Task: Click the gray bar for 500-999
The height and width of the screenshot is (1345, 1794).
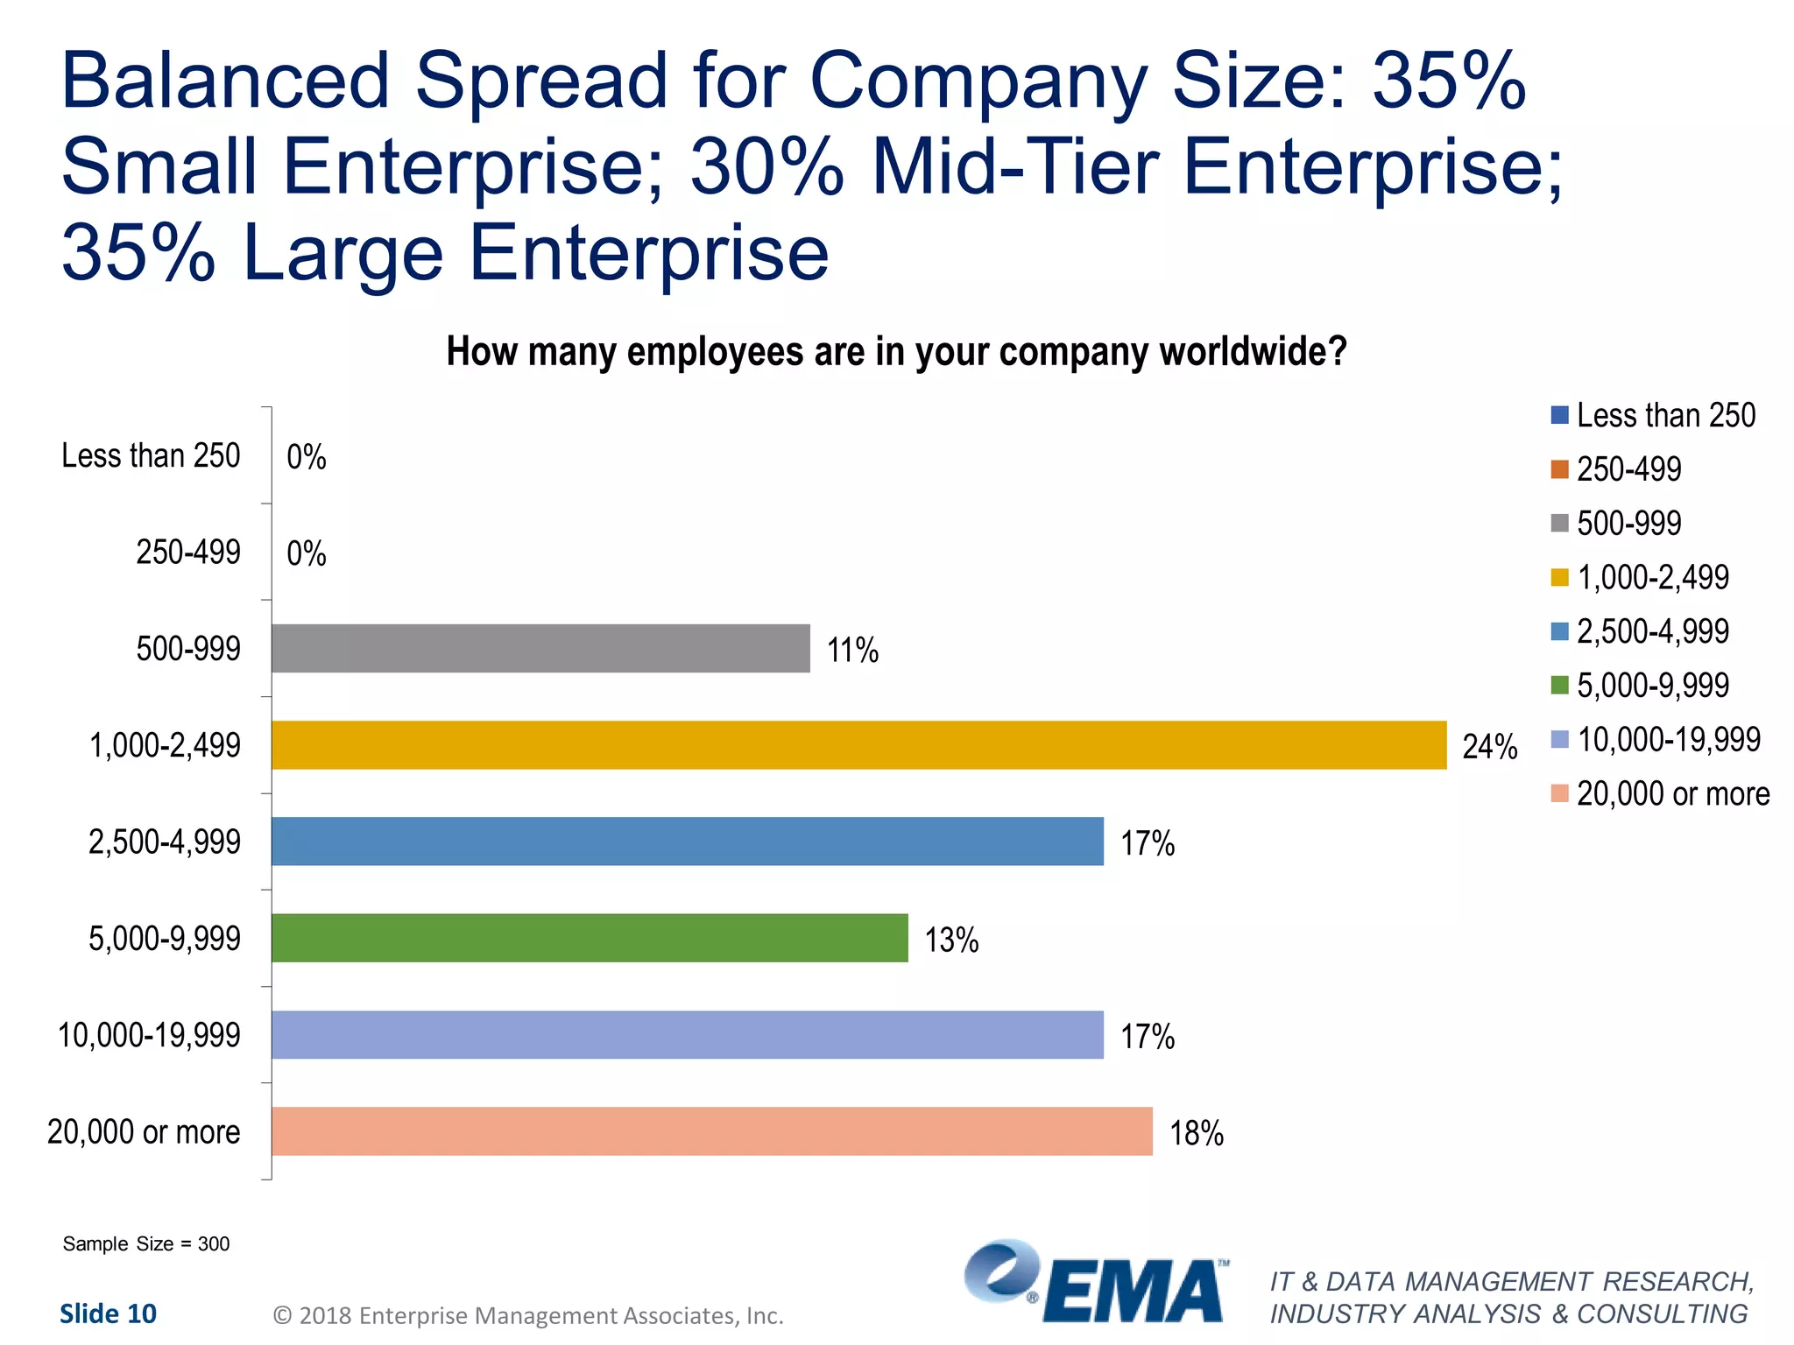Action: tap(540, 649)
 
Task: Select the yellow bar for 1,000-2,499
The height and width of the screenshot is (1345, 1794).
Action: tap(858, 745)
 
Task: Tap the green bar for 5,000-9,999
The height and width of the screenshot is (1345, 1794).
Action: tap(590, 938)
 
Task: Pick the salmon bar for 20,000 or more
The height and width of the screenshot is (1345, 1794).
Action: tap(711, 1131)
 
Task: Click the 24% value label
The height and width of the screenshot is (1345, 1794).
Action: tap(1489, 747)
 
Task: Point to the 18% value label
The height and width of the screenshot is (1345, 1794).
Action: tap(1196, 1133)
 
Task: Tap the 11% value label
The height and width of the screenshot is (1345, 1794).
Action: tap(852, 651)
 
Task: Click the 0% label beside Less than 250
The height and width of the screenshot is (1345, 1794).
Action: tap(307, 457)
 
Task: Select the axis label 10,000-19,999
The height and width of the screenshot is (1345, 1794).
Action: tap(149, 1035)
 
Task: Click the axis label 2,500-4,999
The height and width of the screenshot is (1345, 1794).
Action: tap(164, 842)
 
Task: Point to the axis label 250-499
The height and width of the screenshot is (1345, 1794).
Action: tap(187, 553)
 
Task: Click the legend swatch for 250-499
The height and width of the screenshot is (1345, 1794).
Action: tap(1559, 469)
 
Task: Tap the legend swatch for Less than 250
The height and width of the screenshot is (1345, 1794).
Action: tap(1559, 415)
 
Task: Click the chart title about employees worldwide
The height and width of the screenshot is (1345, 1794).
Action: tap(896, 352)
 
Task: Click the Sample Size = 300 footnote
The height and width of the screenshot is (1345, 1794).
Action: tap(146, 1243)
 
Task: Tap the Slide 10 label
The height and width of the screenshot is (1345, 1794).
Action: tap(108, 1313)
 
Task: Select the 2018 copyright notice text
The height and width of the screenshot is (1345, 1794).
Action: tap(528, 1315)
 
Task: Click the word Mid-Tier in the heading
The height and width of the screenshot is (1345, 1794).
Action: tap(1015, 166)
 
